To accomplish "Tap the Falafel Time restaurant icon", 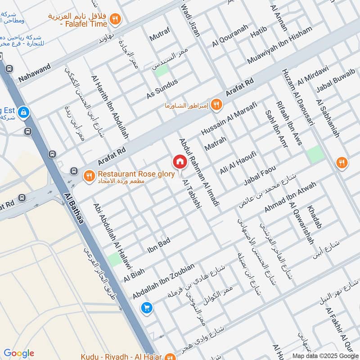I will [116, 19].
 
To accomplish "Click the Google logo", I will [19, 353].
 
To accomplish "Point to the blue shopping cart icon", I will [146, 308].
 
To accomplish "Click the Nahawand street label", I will [34, 73].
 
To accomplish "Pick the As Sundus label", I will [162, 90].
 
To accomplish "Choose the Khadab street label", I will [315, 217].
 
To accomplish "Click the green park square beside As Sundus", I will [162, 70].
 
